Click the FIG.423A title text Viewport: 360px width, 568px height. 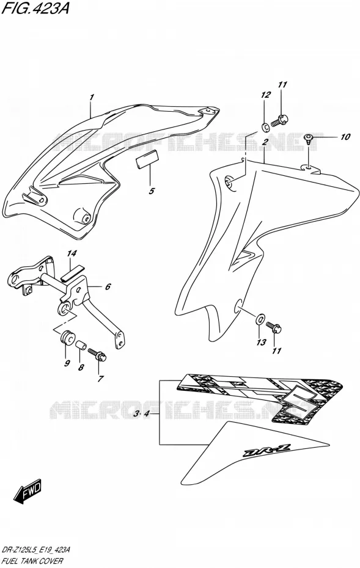[35, 8]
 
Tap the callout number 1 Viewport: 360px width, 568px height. [92, 97]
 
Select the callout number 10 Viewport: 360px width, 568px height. [345, 137]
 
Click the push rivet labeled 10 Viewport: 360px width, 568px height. [309, 138]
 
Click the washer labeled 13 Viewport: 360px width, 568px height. [260, 319]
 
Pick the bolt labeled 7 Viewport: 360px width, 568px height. [97, 354]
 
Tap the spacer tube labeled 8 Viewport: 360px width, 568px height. [81, 344]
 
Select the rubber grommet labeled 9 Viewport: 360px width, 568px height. [67, 338]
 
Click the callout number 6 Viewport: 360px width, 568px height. [108, 287]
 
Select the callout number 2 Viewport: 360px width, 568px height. [265, 142]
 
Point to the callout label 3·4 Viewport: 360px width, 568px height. [141, 413]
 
